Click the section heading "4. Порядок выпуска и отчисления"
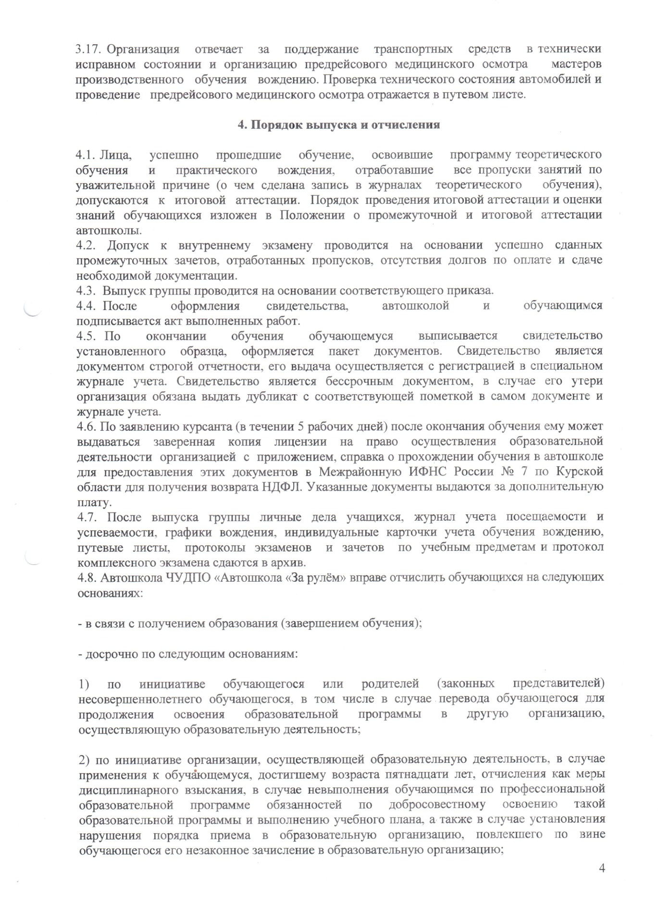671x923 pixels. [339, 125]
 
